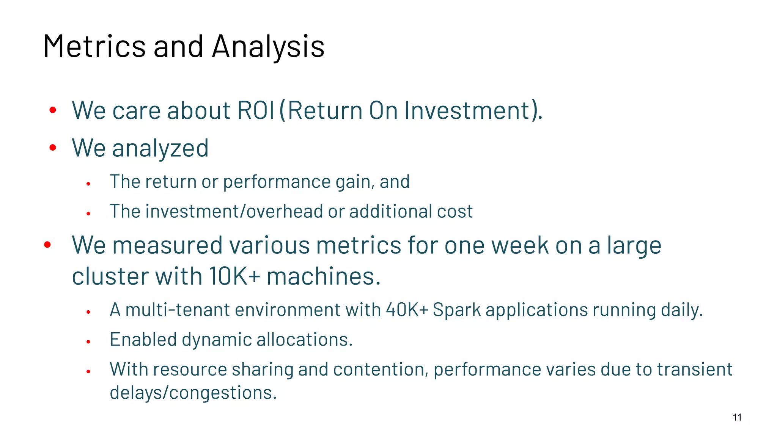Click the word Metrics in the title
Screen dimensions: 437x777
[94, 46]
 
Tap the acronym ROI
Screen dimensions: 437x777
[255, 110]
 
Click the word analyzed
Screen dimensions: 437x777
[160, 148]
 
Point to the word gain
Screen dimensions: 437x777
[352, 182]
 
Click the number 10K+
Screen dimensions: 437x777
[234, 276]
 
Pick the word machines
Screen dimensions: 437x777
[323, 276]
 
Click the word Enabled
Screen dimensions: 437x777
[143, 340]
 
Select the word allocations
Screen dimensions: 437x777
[304, 340]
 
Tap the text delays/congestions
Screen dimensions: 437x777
[193, 393]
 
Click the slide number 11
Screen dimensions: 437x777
[737, 417]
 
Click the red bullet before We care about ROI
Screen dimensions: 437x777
[53, 110]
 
